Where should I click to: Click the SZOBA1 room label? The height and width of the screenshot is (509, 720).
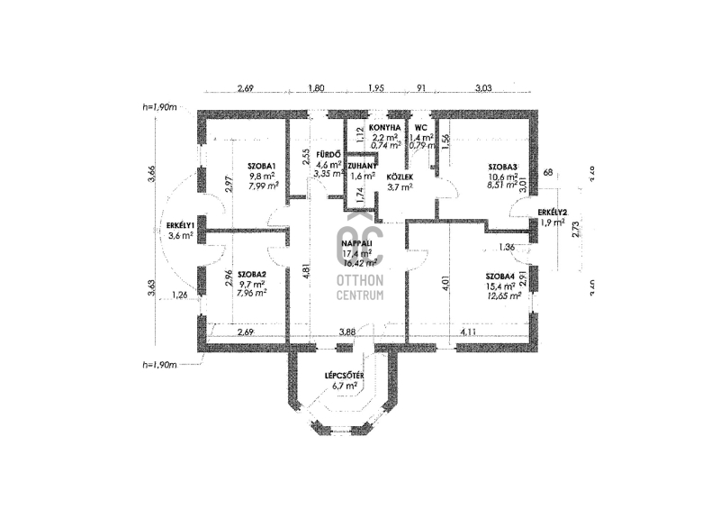tap(262, 166)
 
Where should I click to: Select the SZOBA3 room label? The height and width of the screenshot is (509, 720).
tap(503, 168)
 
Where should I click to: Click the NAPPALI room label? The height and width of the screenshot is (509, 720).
tap(358, 244)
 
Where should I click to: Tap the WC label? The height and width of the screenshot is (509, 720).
tap(421, 128)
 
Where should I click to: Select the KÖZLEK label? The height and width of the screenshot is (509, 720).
tap(399, 177)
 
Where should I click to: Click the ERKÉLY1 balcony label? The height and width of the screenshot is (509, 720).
tap(181, 224)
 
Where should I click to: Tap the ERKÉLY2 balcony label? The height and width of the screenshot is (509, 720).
tap(551, 213)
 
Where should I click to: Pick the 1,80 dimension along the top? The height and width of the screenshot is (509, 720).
tap(316, 88)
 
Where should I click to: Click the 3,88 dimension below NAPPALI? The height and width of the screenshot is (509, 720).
tap(346, 332)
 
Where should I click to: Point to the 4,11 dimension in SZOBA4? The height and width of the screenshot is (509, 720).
tap(469, 332)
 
